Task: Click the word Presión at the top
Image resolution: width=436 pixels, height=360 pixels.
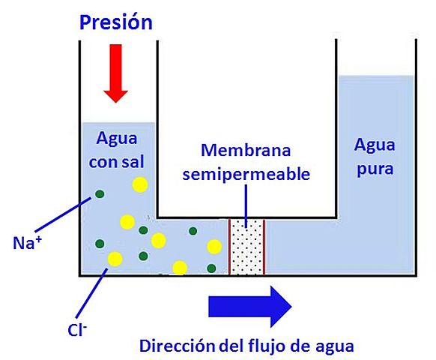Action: pos(116,22)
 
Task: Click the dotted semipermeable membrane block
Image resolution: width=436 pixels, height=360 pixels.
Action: pos(247,247)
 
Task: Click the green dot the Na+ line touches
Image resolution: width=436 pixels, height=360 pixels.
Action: pos(100,196)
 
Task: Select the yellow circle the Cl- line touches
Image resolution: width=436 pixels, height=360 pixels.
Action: pos(115,259)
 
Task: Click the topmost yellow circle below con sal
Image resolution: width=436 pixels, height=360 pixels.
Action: pos(139,184)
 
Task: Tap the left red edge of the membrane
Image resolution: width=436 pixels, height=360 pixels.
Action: pos(230,247)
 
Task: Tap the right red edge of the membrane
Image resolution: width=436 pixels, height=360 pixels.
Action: pos(264,247)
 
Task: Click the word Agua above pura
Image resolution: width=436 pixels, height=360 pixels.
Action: pos(374,144)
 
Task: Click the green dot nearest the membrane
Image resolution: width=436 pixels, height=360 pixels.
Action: pos(211,268)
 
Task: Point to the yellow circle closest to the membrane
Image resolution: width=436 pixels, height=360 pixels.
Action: pos(214,247)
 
